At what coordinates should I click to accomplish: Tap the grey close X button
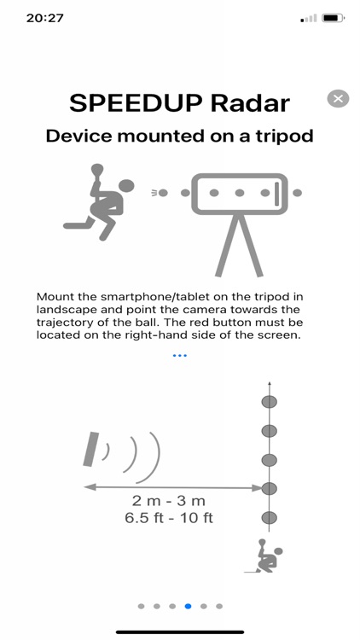pos(338,98)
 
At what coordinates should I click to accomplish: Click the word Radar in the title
pos(250,103)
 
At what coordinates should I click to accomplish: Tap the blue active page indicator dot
pos(188,606)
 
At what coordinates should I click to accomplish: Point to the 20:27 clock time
pos(45,18)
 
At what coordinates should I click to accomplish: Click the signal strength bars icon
pos(309,19)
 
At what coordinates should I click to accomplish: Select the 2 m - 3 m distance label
pos(169,500)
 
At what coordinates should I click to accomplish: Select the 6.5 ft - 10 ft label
pos(169,518)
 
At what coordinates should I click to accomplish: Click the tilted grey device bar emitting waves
pos(90,449)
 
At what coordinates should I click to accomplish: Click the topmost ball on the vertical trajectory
pos(269,402)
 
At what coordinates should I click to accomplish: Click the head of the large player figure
pos(126,186)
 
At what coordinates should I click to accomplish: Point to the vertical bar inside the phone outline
pos(276,194)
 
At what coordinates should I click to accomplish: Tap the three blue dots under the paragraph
pos(180,356)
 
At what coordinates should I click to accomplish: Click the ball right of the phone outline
pos(297,193)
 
